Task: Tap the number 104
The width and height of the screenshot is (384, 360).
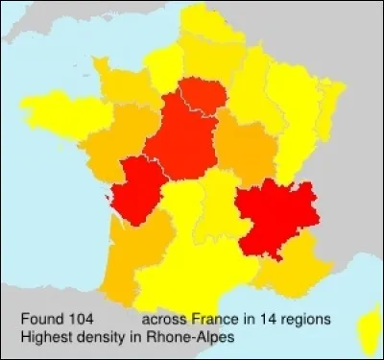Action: click(82, 318)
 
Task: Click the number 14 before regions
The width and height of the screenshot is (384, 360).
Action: click(269, 318)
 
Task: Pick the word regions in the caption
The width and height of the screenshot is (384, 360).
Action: click(306, 318)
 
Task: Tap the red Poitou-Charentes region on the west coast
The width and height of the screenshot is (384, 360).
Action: click(134, 187)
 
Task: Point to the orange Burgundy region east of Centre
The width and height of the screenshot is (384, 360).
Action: click(245, 149)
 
